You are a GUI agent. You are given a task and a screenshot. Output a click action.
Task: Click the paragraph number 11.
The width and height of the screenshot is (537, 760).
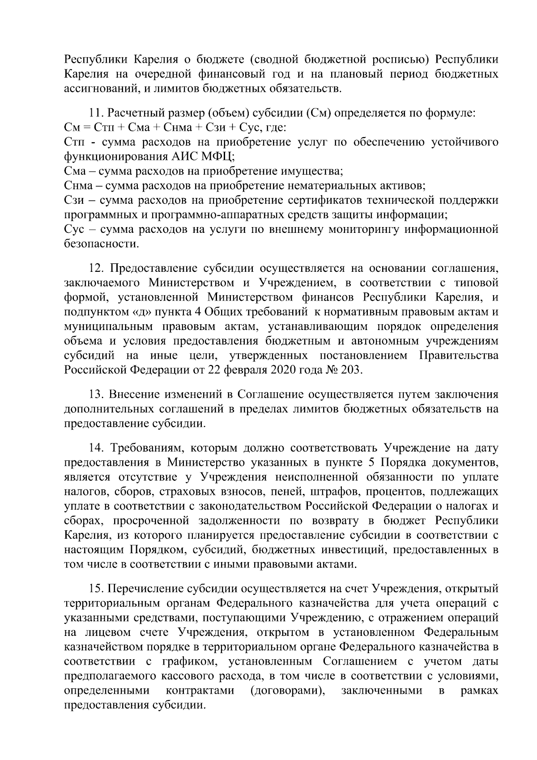pyautogui.click(x=97, y=113)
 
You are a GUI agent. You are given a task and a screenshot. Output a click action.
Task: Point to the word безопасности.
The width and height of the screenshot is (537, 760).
pyautogui.click(x=102, y=244)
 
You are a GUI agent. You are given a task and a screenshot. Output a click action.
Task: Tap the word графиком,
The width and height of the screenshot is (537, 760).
pyautogui.click(x=190, y=661)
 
